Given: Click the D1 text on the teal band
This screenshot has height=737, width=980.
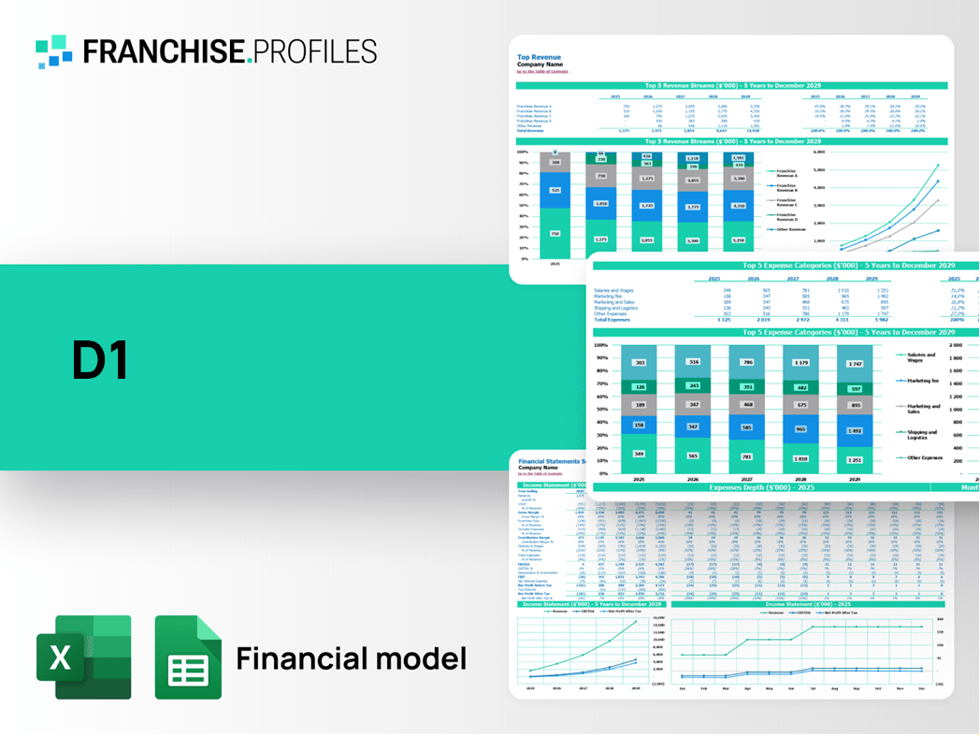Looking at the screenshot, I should (x=100, y=362).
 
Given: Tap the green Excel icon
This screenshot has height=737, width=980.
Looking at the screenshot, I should (x=83, y=657).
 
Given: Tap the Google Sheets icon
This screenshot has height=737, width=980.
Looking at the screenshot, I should (x=188, y=657).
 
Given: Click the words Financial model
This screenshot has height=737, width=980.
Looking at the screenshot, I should (x=351, y=658).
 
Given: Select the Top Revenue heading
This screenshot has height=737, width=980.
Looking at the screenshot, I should (x=539, y=57).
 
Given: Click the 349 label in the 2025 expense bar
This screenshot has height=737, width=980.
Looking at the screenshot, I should (x=639, y=454).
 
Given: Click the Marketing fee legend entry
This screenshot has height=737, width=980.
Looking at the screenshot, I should (x=922, y=381).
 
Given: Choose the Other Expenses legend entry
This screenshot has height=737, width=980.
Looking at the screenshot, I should (x=924, y=458).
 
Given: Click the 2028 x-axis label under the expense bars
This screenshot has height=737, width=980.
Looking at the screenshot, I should (x=801, y=478).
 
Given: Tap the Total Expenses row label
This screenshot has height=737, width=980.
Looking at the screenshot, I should (x=612, y=320).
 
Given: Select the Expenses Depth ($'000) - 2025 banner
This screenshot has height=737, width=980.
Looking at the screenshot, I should (x=762, y=487).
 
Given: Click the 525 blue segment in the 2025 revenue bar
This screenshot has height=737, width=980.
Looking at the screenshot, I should (x=555, y=190).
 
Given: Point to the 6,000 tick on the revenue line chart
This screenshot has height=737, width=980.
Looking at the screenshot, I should (x=819, y=152).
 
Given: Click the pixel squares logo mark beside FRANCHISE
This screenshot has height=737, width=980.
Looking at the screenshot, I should (x=54, y=51).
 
